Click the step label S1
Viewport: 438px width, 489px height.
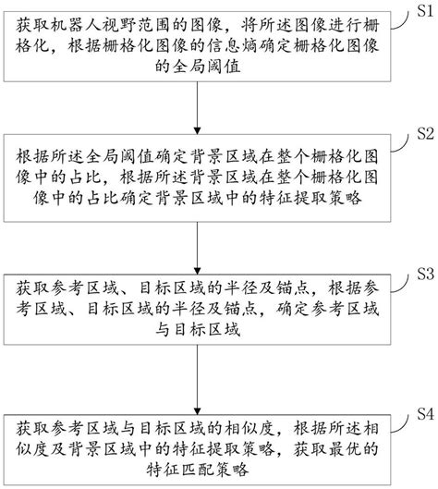pyautogui.click(x=423, y=10)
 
